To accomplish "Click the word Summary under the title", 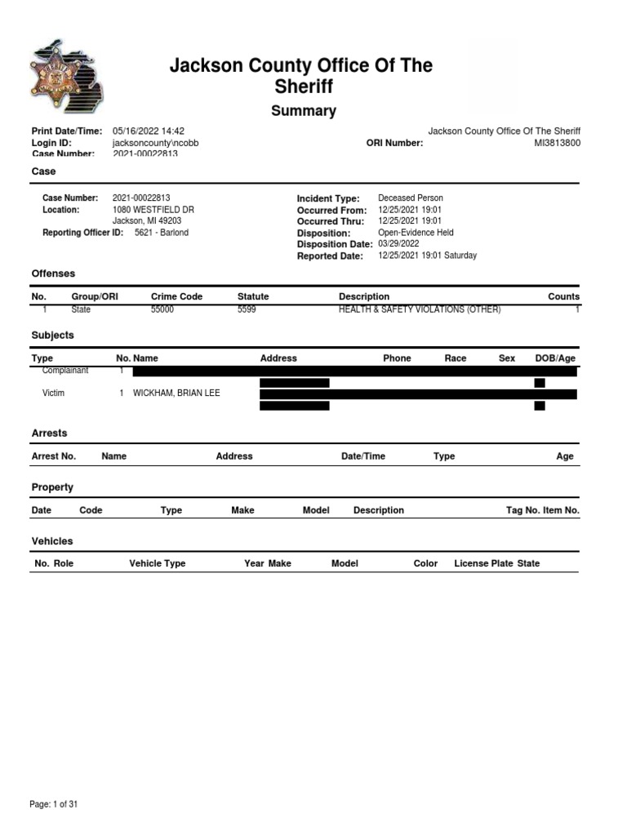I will (303, 111).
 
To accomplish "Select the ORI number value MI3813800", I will (557, 143).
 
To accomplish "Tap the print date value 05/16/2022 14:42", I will (149, 131).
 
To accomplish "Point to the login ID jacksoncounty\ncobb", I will (155, 143).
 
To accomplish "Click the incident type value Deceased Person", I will (411, 198).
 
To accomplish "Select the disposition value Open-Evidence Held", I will (416, 233).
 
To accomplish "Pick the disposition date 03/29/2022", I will (398, 243).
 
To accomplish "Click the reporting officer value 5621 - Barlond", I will (162, 233).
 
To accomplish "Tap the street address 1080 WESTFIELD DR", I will (153, 210).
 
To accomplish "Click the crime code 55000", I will (162, 310).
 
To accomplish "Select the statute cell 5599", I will (247, 310).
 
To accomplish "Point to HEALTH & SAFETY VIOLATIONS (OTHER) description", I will (420, 310).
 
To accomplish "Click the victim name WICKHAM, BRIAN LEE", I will (176, 394).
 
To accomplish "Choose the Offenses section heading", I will (53, 273).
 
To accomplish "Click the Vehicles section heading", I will (52, 541).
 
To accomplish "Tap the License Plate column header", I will (484, 563).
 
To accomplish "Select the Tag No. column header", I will (523, 510).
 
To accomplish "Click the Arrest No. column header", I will (53, 456).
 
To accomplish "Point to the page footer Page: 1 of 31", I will (54, 804).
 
